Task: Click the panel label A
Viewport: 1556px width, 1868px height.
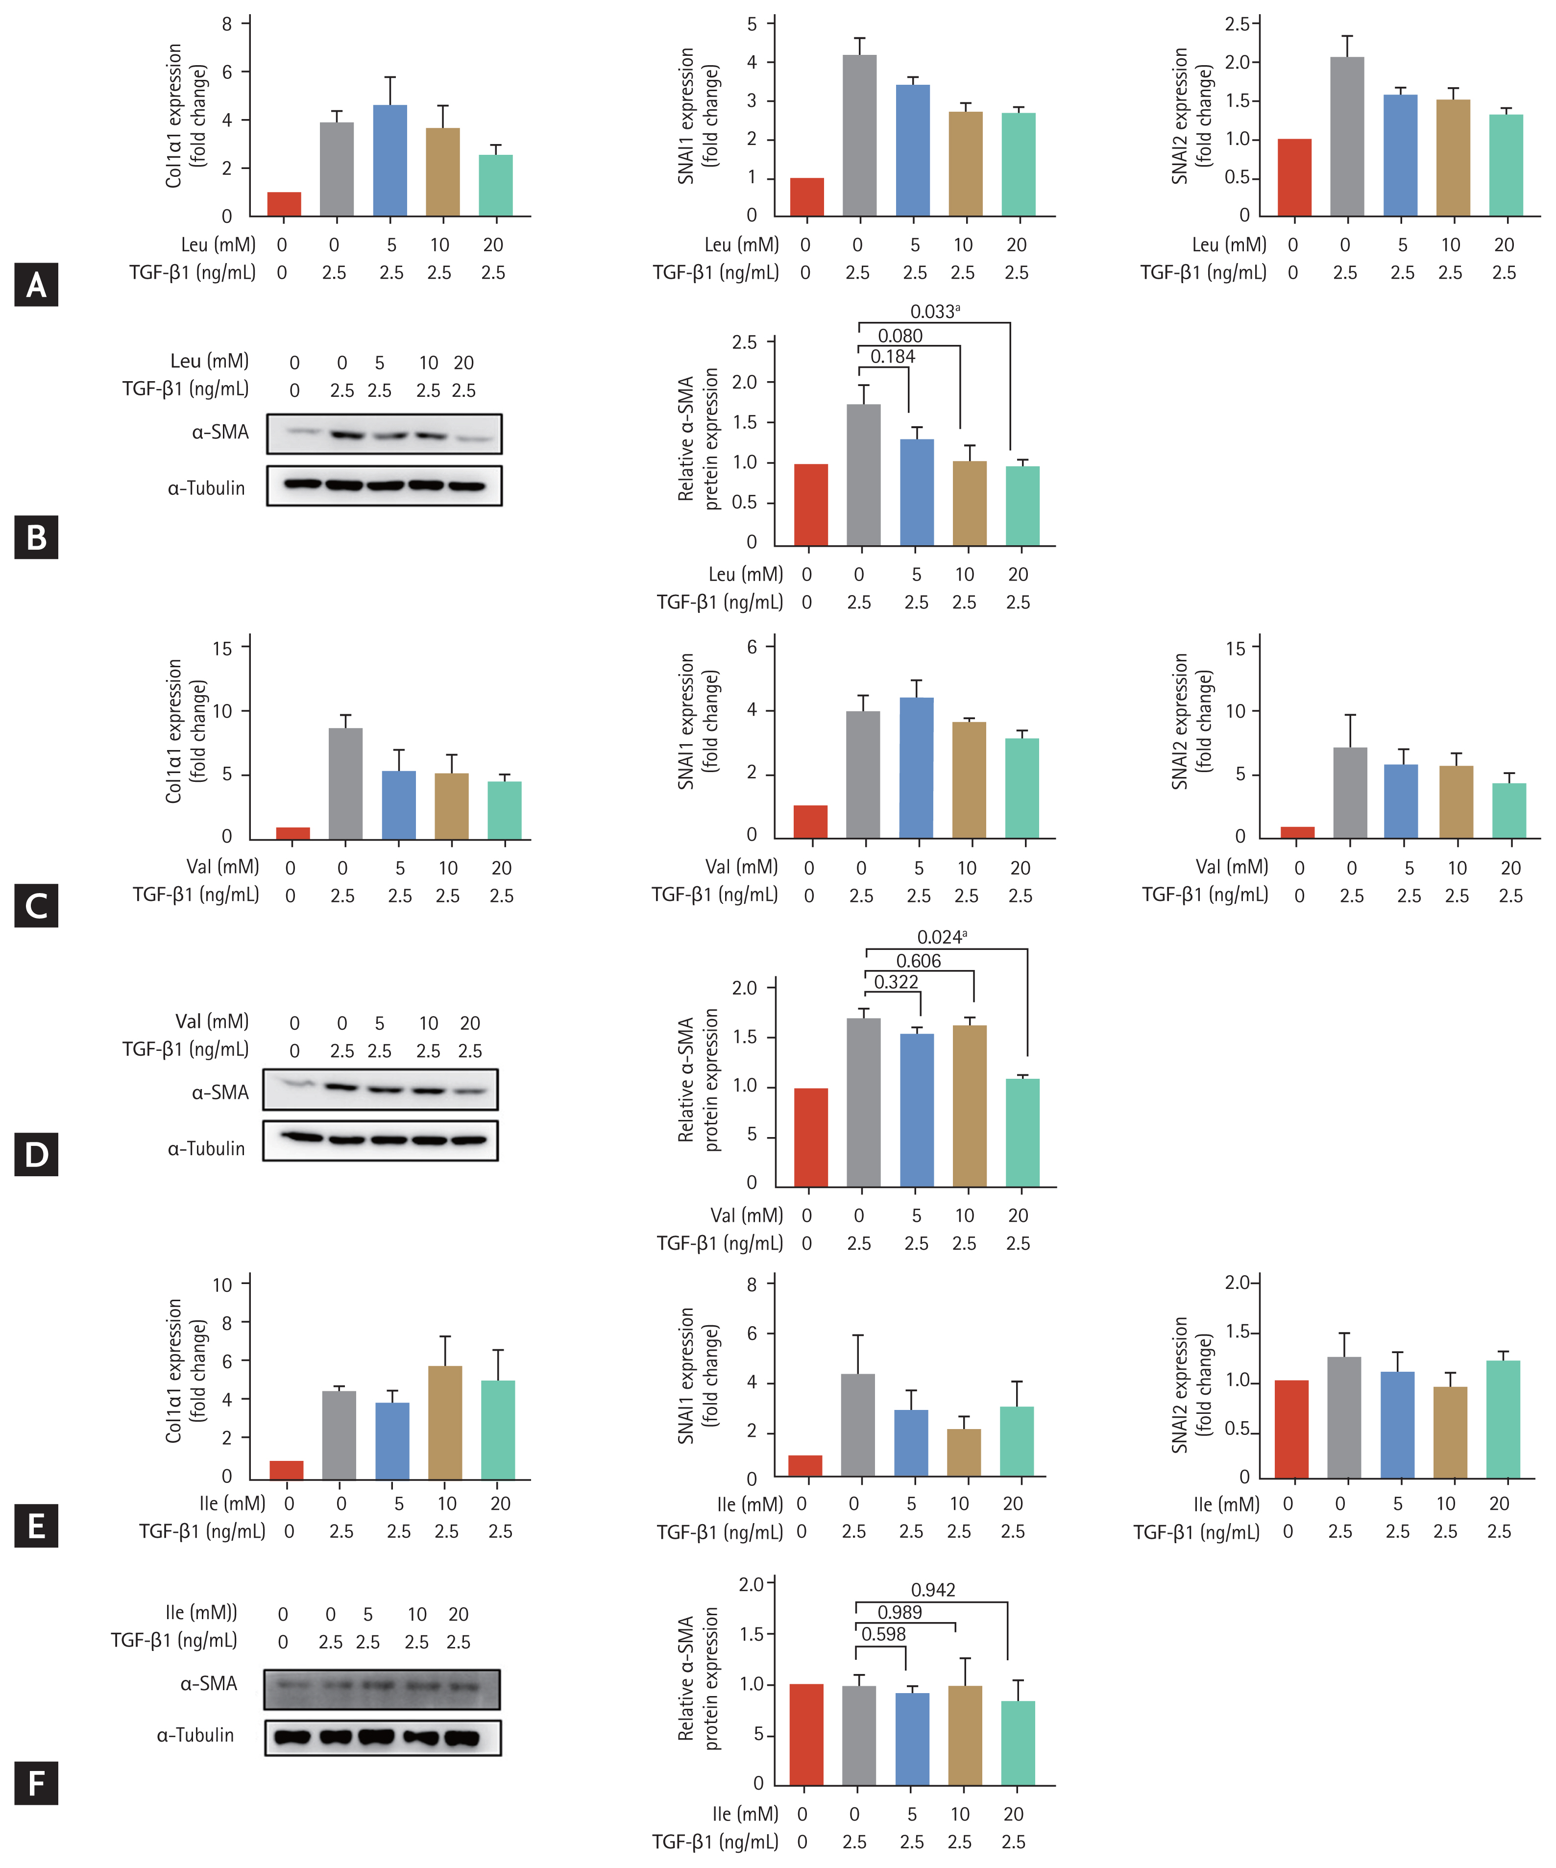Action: (36, 285)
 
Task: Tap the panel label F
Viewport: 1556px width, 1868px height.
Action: (36, 1783)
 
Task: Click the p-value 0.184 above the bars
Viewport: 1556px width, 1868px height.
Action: (892, 357)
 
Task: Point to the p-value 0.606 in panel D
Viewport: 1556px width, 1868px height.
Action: (918, 961)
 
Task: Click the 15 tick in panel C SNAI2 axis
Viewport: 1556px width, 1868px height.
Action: (1236, 649)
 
